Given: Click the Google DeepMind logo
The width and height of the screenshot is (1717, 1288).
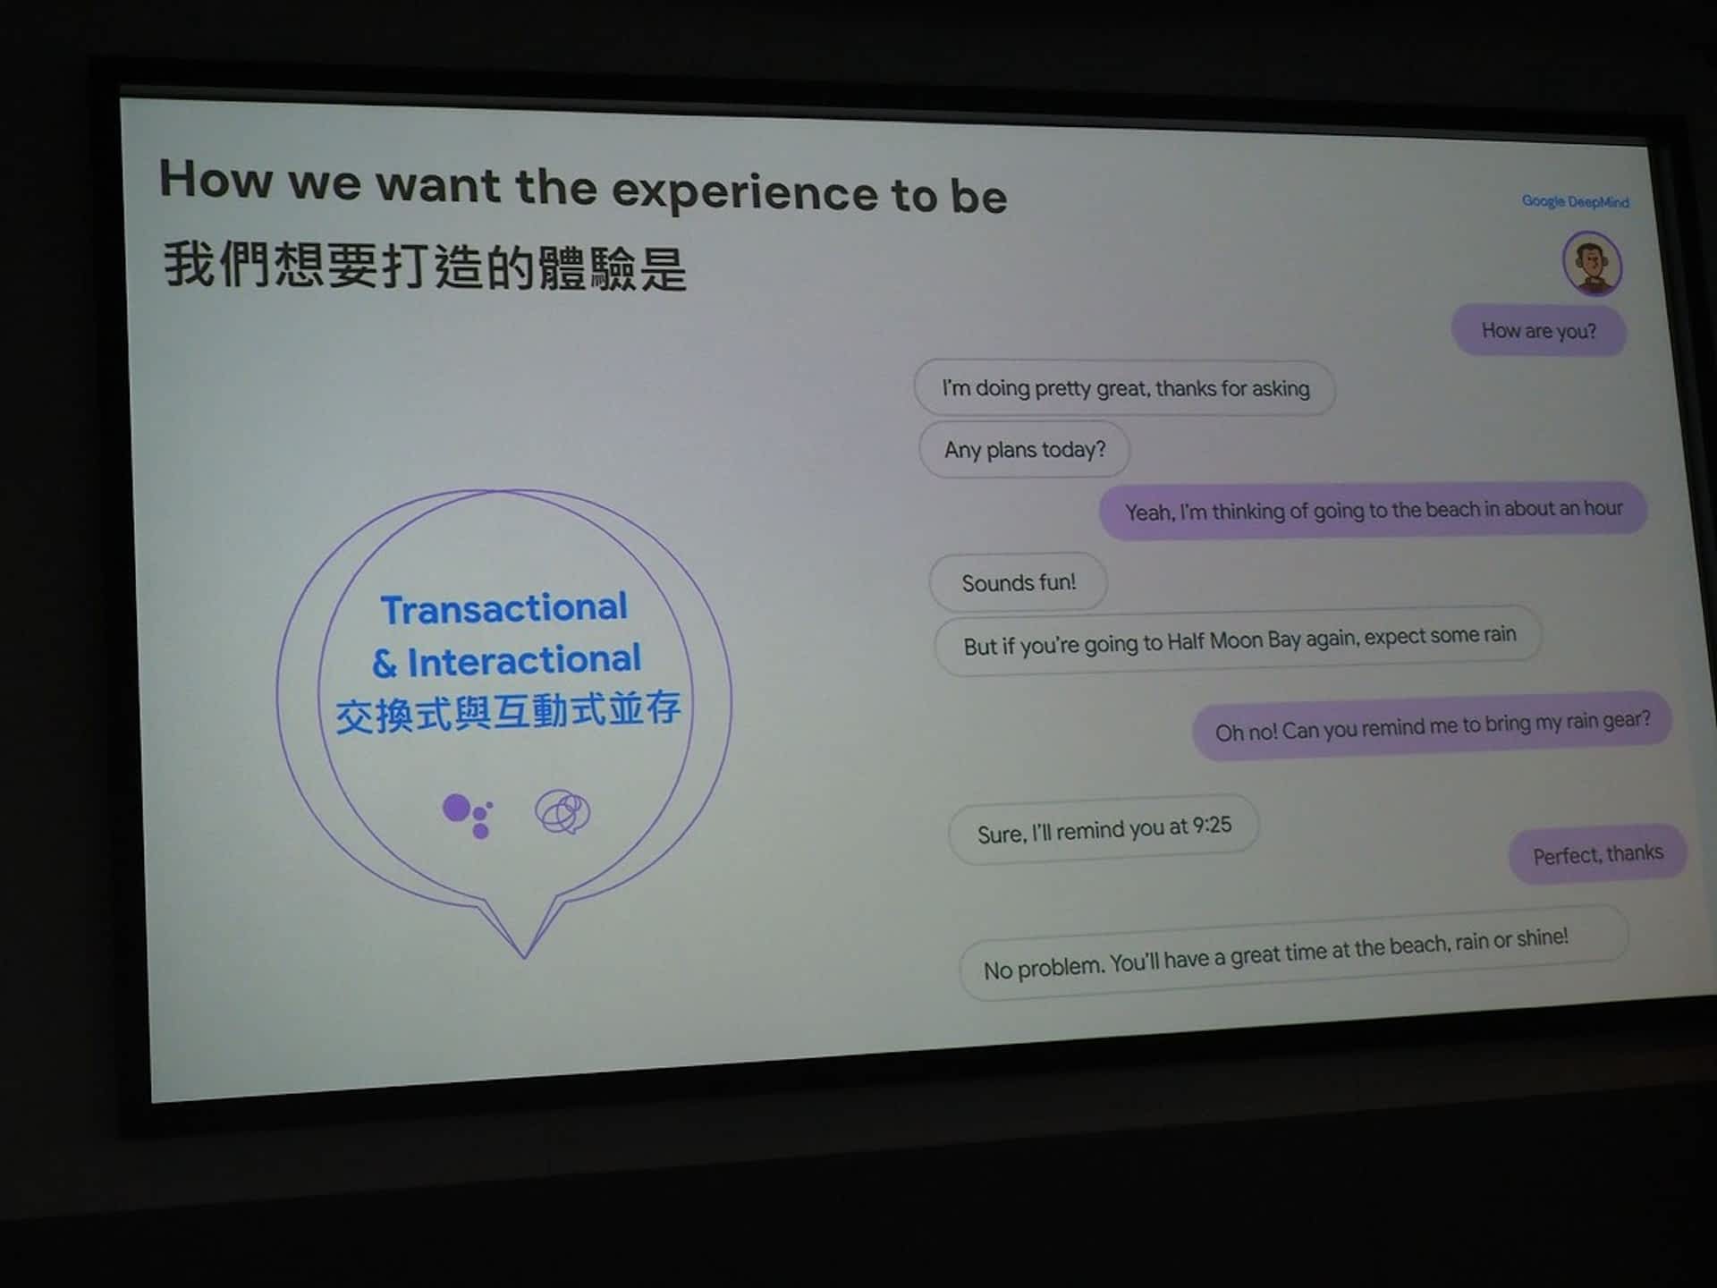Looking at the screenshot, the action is coord(1576,201).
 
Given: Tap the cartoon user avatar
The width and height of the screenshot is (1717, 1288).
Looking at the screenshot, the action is coord(1592,263).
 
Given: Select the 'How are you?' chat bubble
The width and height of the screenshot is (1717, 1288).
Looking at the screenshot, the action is coord(1538,330).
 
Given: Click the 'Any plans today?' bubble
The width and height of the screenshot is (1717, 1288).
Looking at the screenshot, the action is coord(1024,449).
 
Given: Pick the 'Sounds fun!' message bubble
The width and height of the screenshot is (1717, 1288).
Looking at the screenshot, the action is coord(1019,582).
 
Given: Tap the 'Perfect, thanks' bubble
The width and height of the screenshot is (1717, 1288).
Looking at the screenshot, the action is coord(1598,854).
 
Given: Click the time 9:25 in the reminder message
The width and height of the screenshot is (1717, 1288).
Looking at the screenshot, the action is coord(1212,825).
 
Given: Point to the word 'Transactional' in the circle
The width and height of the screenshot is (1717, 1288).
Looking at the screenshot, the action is coord(504,608).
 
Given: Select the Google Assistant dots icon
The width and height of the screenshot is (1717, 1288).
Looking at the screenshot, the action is coord(468,815).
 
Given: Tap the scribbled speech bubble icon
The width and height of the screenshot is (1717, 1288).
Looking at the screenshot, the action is coord(562,811).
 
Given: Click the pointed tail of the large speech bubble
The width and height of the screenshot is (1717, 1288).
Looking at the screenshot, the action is coord(524,956).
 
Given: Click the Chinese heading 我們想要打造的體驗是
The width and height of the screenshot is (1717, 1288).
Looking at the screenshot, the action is coord(425,267).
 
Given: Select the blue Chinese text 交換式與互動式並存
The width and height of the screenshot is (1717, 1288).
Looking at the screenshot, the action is coord(508,712).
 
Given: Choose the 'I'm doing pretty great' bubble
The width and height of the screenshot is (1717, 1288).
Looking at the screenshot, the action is coord(1125,388).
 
